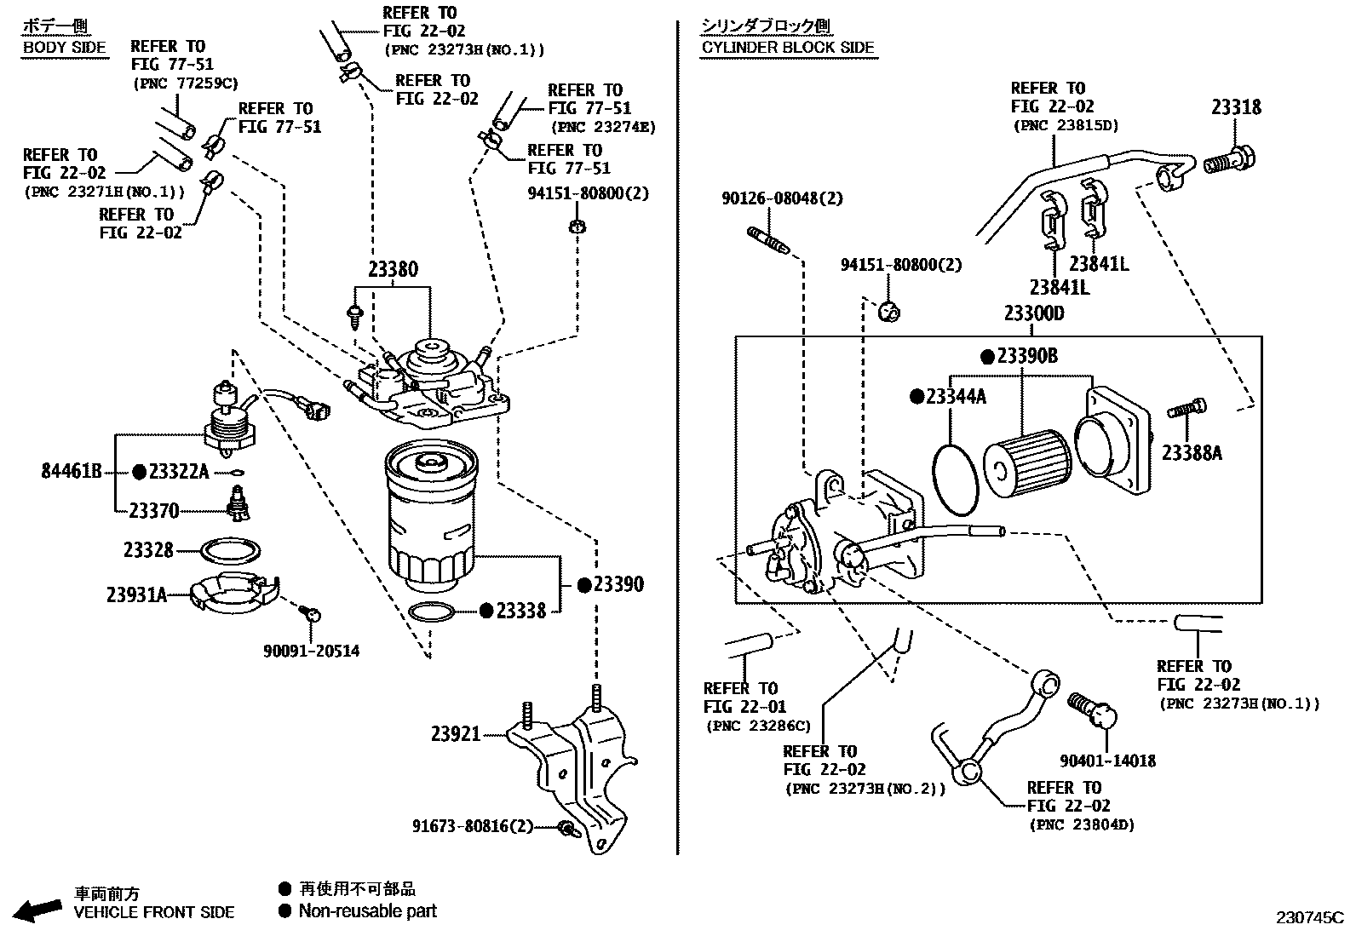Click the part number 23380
(x=393, y=270)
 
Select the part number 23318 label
(x=1236, y=107)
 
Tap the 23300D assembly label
(x=1033, y=313)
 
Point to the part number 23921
(x=456, y=733)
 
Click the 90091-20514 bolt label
(x=311, y=652)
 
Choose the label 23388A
(x=1191, y=453)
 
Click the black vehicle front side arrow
(x=38, y=910)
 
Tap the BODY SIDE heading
(x=65, y=48)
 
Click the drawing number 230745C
(x=1308, y=918)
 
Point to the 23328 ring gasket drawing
(x=231, y=550)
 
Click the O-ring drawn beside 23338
(x=432, y=611)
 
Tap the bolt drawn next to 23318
(x=1230, y=159)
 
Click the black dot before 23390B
(x=987, y=356)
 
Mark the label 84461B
(x=72, y=471)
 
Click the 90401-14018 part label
(x=1107, y=761)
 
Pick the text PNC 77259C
(x=185, y=83)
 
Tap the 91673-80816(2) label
(x=473, y=826)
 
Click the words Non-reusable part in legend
(x=367, y=911)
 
